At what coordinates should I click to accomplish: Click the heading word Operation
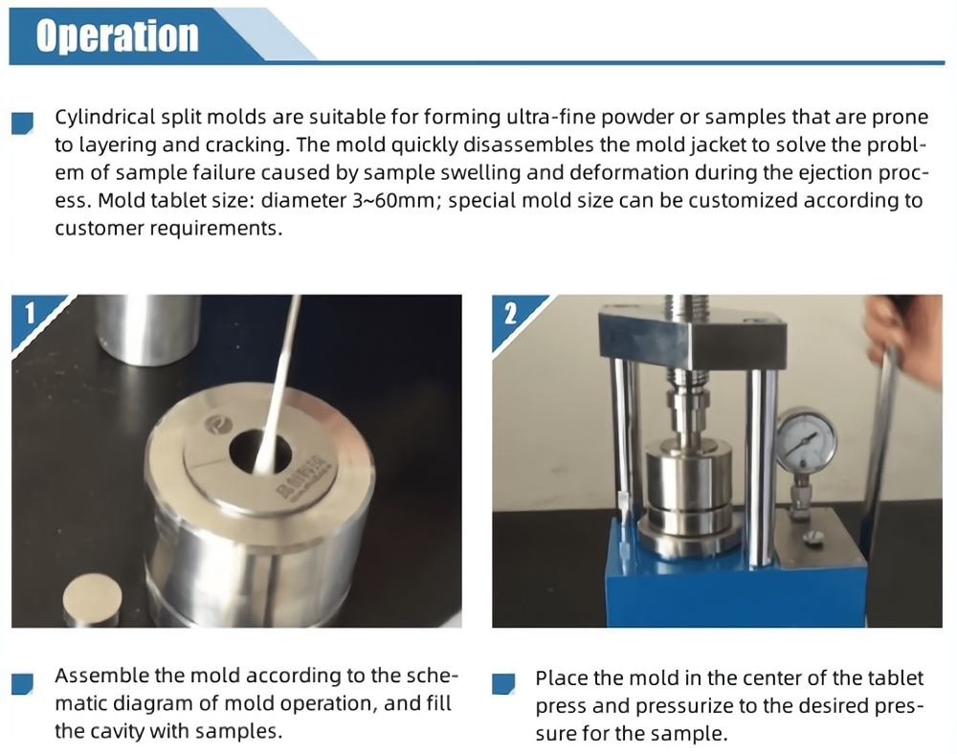[117, 35]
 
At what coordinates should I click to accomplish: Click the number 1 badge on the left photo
[30, 314]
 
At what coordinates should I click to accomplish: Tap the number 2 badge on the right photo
[510, 314]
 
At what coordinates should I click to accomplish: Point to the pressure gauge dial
[806, 440]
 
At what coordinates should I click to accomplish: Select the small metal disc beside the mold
[92, 600]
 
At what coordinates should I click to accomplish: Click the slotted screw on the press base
[812, 537]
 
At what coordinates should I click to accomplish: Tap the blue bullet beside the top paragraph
[23, 122]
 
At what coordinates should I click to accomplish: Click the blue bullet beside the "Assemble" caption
[23, 683]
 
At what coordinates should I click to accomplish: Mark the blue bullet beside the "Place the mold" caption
[503, 683]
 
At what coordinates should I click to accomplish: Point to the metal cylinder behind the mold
[147, 329]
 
